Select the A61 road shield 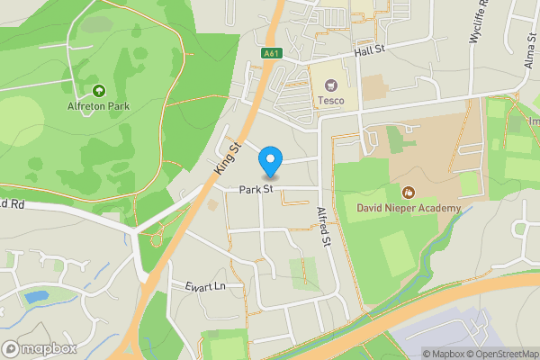point(271,54)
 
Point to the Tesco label point(330,101)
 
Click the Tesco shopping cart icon point(330,85)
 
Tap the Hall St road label point(369,53)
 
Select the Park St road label point(256,189)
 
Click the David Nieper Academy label point(409,208)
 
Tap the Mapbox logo point(40,348)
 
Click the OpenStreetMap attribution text point(501,354)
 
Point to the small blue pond point(35,296)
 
